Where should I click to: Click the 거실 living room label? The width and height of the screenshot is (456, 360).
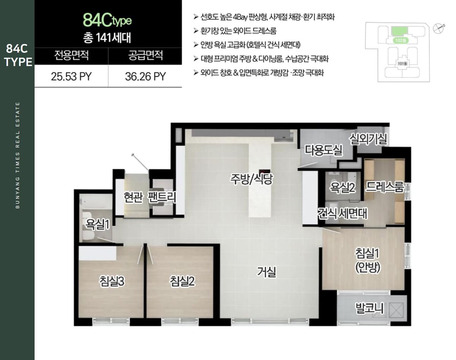click(x=266, y=272)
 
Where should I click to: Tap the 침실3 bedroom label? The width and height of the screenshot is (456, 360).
click(x=112, y=281)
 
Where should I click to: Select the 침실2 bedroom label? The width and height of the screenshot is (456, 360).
click(x=182, y=281)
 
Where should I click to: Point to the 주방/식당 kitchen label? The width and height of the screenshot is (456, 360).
click(x=251, y=179)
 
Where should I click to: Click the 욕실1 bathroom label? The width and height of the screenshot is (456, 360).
click(x=97, y=224)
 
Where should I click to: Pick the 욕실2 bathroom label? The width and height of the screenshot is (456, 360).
click(x=342, y=188)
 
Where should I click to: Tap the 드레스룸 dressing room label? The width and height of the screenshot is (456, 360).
click(x=385, y=187)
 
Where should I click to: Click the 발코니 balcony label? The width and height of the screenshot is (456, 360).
click(x=369, y=308)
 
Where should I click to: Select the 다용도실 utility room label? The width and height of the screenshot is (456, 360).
click(x=323, y=150)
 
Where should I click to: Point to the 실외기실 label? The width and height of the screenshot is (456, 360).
click(x=368, y=139)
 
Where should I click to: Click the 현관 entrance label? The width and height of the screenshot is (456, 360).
click(x=133, y=197)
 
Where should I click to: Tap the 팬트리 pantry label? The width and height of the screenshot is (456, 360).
click(x=162, y=197)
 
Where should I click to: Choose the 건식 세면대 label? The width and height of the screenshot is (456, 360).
click(x=342, y=213)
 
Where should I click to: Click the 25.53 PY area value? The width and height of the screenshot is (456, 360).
click(x=71, y=76)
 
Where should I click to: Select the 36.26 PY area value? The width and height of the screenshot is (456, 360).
click(x=146, y=76)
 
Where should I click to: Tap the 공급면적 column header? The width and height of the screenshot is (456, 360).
click(x=146, y=56)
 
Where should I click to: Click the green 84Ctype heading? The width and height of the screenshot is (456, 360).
click(x=107, y=21)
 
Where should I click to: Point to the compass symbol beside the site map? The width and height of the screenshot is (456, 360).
click(x=439, y=29)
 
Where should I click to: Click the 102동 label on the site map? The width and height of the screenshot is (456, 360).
click(x=401, y=40)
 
